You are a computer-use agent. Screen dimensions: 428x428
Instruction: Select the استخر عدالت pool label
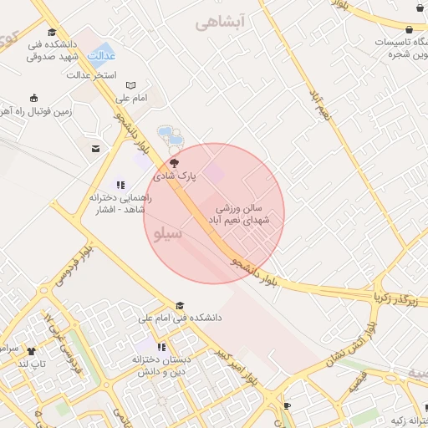point(92,75)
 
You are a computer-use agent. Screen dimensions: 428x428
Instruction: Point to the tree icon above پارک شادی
point(174,164)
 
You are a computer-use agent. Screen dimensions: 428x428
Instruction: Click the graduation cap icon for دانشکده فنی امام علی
point(181,305)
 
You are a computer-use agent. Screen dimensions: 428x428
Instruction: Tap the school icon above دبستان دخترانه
point(161,346)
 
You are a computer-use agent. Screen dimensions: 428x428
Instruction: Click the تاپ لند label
point(30,364)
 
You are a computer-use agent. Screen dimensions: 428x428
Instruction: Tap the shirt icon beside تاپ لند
point(31,351)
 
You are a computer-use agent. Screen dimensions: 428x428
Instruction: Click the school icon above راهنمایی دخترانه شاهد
point(120,185)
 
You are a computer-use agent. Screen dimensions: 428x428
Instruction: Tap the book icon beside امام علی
point(130,85)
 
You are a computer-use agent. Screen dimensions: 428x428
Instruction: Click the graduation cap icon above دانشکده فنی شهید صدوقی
point(52,32)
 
